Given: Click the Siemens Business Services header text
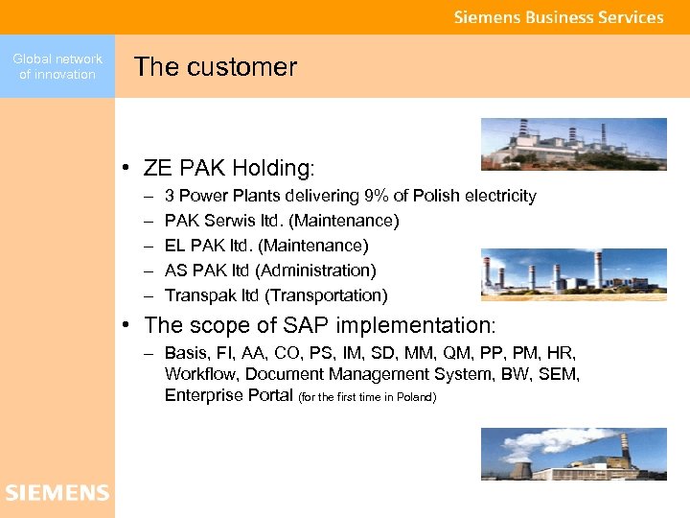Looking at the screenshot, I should click(x=558, y=17).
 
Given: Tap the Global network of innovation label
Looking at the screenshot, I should click(x=57, y=66).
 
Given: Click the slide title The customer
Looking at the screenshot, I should click(x=216, y=67).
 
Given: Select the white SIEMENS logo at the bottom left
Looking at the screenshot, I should click(x=57, y=493).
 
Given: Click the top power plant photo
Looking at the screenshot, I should click(x=573, y=144).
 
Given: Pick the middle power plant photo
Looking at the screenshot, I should click(x=573, y=275).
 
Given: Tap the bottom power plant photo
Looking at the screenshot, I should click(x=573, y=454).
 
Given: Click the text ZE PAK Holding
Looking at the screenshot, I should click(x=228, y=169).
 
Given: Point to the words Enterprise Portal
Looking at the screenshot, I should click(x=228, y=395).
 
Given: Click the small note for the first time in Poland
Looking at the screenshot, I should click(x=368, y=397).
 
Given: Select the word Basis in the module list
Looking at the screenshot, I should click(x=186, y=353).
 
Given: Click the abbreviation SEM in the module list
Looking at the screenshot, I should click(x=562, y=374).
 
